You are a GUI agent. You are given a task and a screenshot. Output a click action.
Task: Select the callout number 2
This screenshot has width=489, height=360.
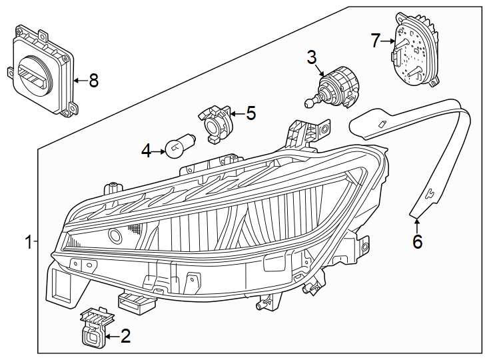[125, 337]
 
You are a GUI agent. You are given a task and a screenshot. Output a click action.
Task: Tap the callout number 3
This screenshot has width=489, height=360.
[312, 57]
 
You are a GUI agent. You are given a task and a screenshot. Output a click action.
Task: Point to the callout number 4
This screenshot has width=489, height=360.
[147, 151]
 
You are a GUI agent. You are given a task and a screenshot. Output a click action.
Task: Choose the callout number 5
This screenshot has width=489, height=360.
[250, 113]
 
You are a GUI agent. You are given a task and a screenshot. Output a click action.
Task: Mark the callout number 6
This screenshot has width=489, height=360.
[417, 242]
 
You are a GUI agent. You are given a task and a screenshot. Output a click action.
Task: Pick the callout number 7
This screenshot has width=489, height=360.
[376, 41]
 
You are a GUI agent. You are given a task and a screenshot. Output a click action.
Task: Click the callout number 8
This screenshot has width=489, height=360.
[93, 81]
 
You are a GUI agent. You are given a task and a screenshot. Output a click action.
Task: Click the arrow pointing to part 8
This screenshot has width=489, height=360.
[79, 81]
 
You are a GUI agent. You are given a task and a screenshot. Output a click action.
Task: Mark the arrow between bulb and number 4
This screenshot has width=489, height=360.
[159, 151]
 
